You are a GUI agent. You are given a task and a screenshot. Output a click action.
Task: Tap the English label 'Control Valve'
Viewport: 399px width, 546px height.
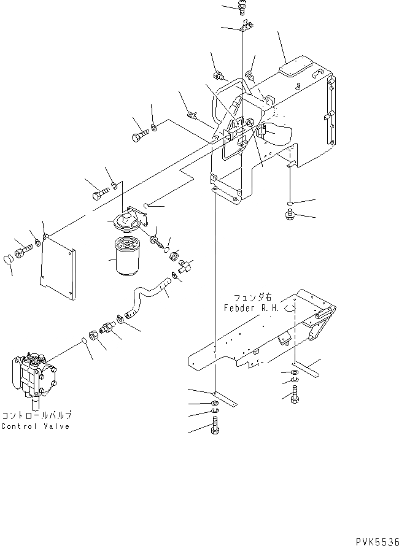pyautogui.click(x=35, y=426)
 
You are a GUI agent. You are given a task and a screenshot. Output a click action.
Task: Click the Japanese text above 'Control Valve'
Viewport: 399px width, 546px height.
pyautogui.click(x=36, y=415)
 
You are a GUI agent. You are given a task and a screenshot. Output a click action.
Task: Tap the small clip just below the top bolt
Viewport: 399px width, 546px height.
pyautogui.click(x=245, y=27)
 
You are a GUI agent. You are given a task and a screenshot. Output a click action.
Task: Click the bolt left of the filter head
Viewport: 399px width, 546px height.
pyautogui.click(x=99, y=194)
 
